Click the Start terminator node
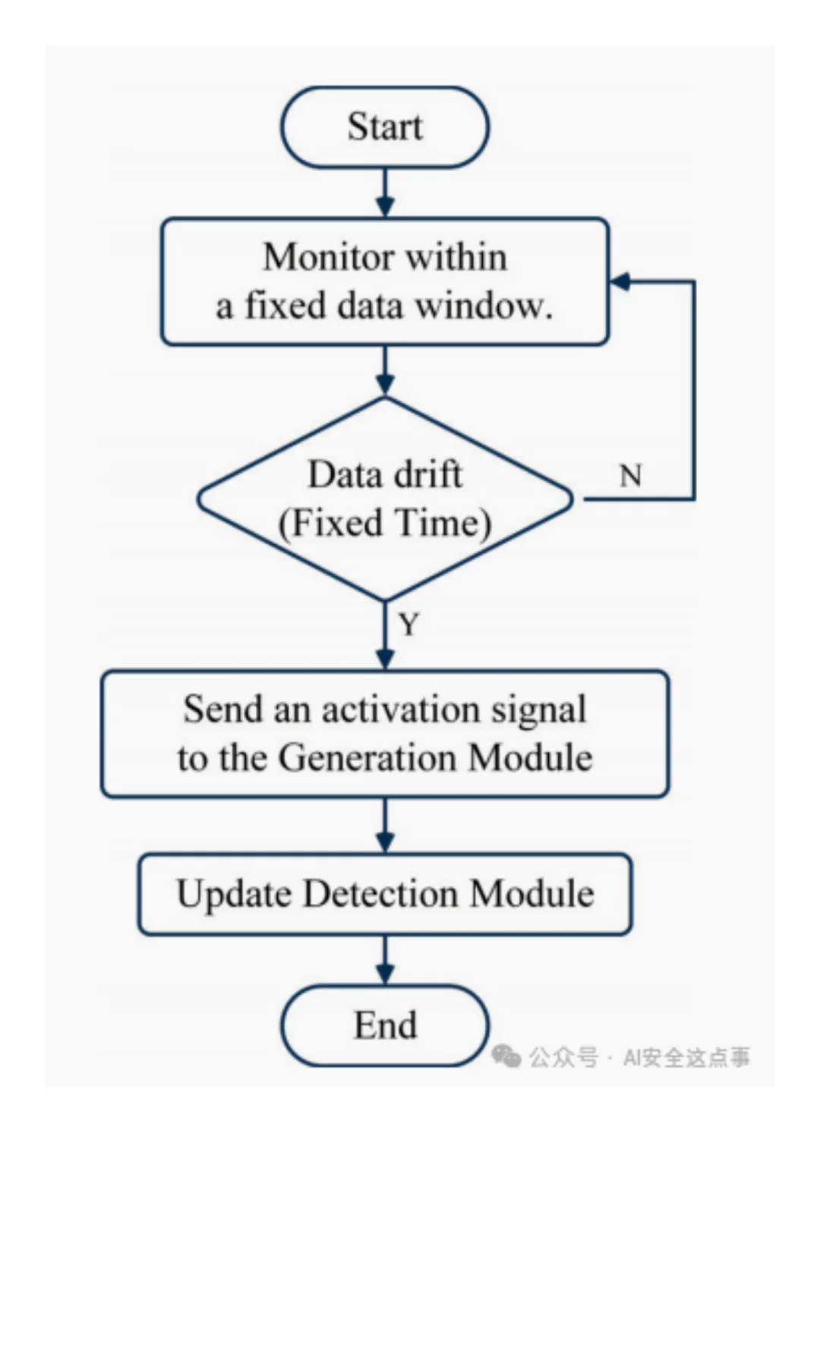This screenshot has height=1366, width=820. [385, 127]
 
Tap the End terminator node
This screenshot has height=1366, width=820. [385, 1025]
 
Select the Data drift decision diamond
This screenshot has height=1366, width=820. [385, 499]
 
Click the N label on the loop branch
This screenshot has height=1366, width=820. [630, 477]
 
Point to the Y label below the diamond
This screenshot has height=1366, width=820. [408, 625]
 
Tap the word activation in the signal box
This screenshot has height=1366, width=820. [400, 710]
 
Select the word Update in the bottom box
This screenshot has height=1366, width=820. [235, 893]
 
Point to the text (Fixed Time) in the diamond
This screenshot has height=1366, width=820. [385, 523]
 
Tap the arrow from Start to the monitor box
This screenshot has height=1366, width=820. [385, 194]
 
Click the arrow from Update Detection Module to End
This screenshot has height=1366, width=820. [385, 960]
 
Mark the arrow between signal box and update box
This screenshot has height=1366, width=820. [385, 826]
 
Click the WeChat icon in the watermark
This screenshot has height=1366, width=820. [506, 1056]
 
